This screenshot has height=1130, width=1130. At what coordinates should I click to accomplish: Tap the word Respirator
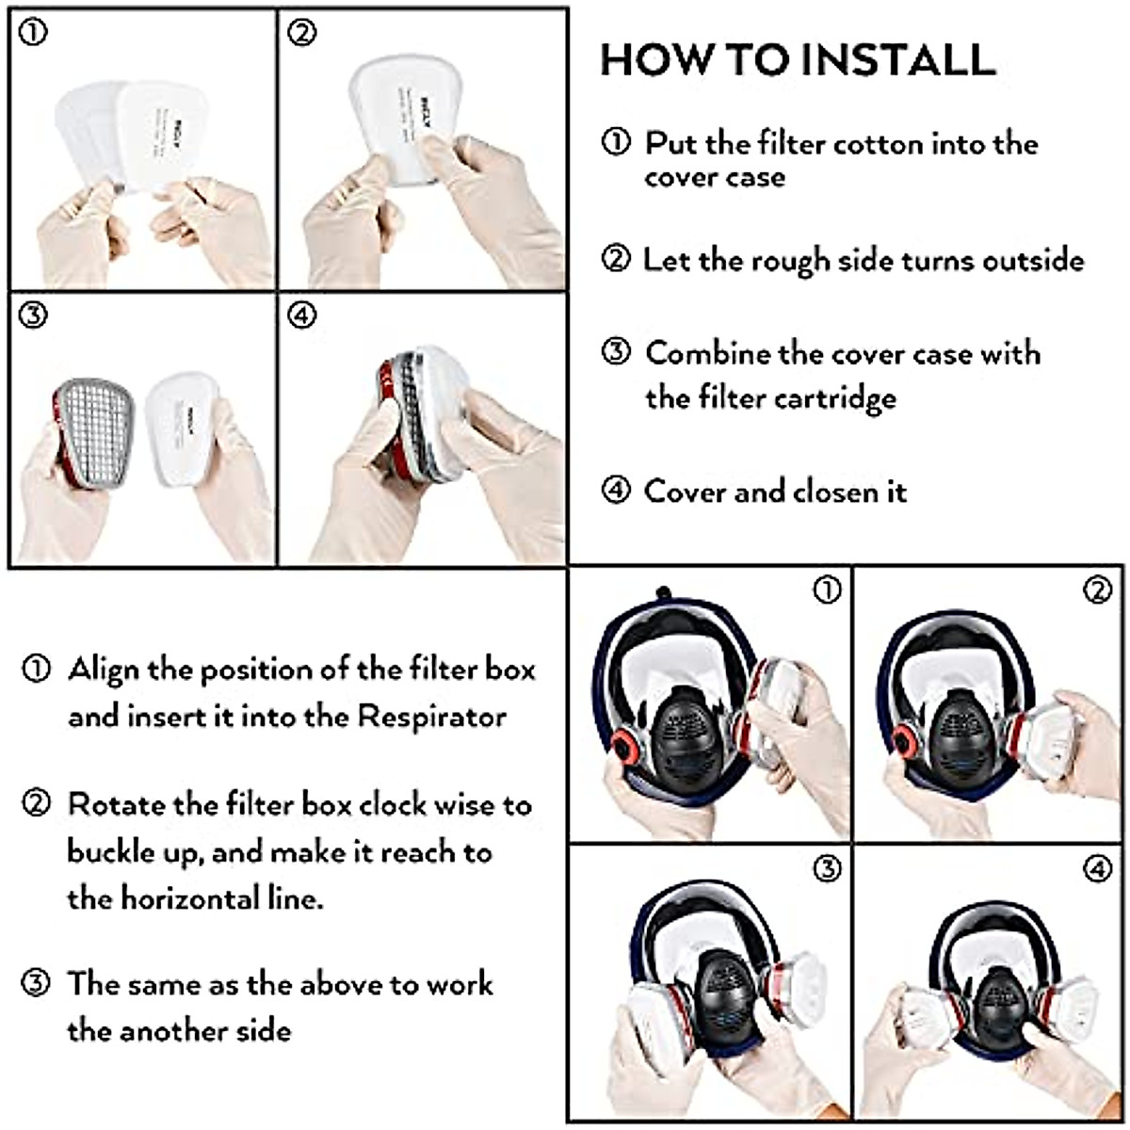point(432,717)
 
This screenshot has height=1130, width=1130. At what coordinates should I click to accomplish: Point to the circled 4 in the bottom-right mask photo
point(1098,868)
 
